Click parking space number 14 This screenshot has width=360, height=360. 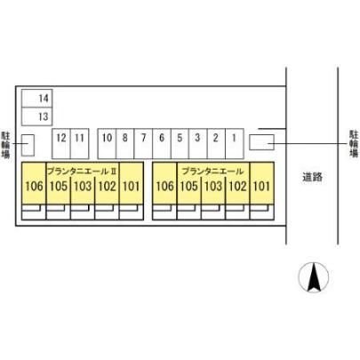pyautogui.click(x=37, y=98)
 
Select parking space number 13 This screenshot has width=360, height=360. pyautogui.click(x=37, y=116)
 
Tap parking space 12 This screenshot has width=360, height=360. pyautogui.click(x=61, y=144)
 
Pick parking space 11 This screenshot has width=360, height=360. pyautogui.click(x=80, y=144)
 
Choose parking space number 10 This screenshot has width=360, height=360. pyautogui.click(x=107, y=144)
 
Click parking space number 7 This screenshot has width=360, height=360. pyautogui.click(x=143, y=144)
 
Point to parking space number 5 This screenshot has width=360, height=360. pyautogui.click(x=180, y=144)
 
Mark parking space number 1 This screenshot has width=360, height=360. pyautogui.click(x=235, y=144)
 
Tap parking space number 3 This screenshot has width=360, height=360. pyautogui.click(x=198, y=144)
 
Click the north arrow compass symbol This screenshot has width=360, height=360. pyautogui.click(x=314, y=277)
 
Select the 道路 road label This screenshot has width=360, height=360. pyautogui.click(x=312, y=177)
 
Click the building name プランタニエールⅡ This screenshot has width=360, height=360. pyautogui.click(x=82, y=172)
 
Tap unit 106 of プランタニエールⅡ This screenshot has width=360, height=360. pyautogui.click(x=34, y=183)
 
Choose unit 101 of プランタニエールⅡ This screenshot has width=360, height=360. pyautogui.click(x=132, y=183)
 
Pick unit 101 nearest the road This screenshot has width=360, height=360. pyautogui.click(x=261, y=183)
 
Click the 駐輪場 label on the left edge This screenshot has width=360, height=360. pyautogui.click(x=5, y=145)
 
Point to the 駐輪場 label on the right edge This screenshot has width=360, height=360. pyautogui.click(x=354, y=144)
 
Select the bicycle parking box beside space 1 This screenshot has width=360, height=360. pyautogui.click(x=261, y=142)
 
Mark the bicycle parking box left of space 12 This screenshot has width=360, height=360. pyautogui.click(x=28, y=145)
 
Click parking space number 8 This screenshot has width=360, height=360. pyautogui.click(x=125, y=144)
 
